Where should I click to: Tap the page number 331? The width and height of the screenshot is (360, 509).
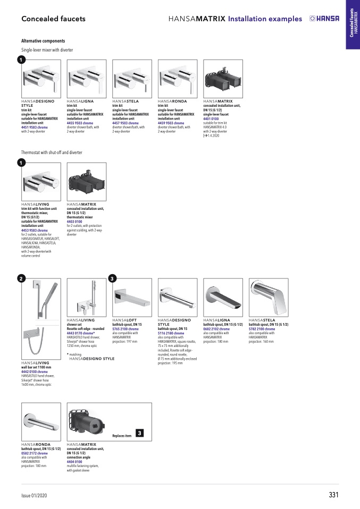tap(333, 495)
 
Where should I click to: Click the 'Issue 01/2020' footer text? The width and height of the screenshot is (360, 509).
tap(34, 496)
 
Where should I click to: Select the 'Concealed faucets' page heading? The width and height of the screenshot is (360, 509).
tap(53, 19)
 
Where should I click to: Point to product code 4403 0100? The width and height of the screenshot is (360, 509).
tap(78, 222)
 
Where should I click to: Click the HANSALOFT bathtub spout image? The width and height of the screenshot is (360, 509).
tap(132, 298)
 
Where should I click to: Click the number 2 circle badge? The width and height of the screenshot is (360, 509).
tap(20, 278)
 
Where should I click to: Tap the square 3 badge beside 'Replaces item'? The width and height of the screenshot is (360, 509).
tap(139, 433)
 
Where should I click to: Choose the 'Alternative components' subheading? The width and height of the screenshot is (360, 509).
tap(43, 41)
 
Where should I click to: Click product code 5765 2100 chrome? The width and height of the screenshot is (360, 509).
tap(125, 329)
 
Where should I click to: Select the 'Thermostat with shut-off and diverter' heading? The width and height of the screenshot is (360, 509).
tap(52, 152)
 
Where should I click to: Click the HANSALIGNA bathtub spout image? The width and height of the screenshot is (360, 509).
tap(223, 298)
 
